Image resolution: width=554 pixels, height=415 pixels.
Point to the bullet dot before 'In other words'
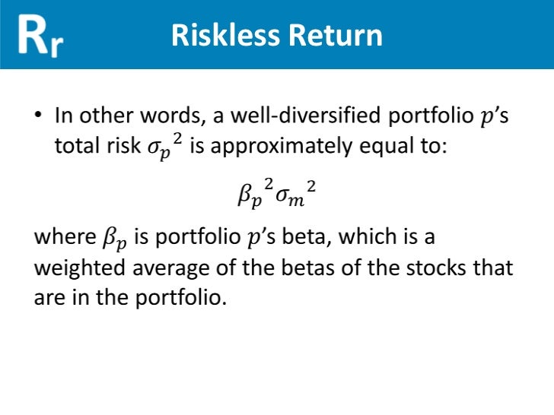38,117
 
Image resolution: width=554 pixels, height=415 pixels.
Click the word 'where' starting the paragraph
64,237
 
